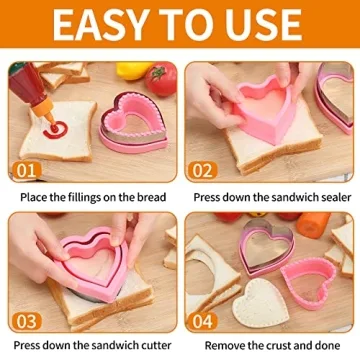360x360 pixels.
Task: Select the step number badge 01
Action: [27, 171]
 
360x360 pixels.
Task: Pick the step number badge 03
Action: [27, 322]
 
